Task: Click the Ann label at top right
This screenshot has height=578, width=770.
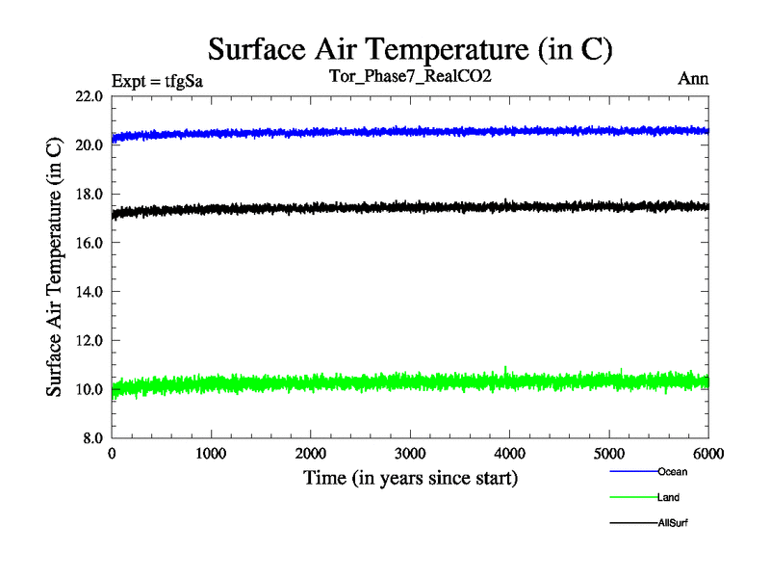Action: pos(693,79)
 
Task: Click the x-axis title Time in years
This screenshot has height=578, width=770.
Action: pos(410,478)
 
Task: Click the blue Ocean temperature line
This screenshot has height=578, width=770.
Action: pos(385,132)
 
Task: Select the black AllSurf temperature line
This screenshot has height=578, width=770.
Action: pos(385,208)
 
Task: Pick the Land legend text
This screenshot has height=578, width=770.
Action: pos(668,497)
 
